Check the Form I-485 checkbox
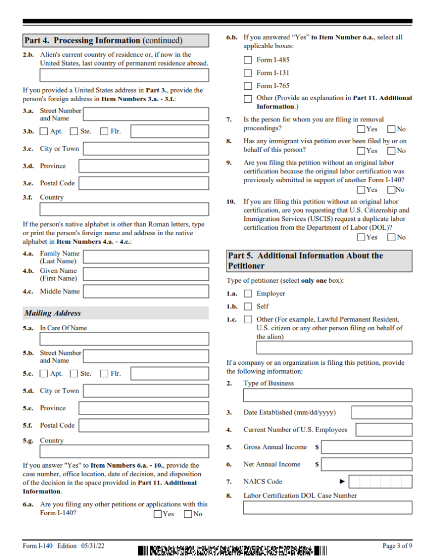[x=248, y=60]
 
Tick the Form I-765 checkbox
[x=248, y=86]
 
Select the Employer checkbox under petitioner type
[x=248, y=294]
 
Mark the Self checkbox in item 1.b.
[x=248, y=307]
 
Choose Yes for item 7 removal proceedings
[x=361, y=130]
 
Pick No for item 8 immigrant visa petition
[x=391, y=151]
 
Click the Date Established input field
[x=381, y=412]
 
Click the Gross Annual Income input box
[x=366, y=447]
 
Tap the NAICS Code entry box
[x=380, y=482]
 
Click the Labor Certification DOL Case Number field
[x=328, y=507]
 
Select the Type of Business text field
[x=328, y=395]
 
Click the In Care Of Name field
[x=124, y=339]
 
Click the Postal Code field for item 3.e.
[x=145, y=183]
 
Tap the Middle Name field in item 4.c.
[x=145, y=291]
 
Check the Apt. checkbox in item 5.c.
[x=44, y=374]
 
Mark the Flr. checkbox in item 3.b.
[x=104, y=132]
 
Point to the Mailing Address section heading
[x=53, y=313]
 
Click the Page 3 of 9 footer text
[x=397, y=546]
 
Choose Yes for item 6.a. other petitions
[x=158, y=514]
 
